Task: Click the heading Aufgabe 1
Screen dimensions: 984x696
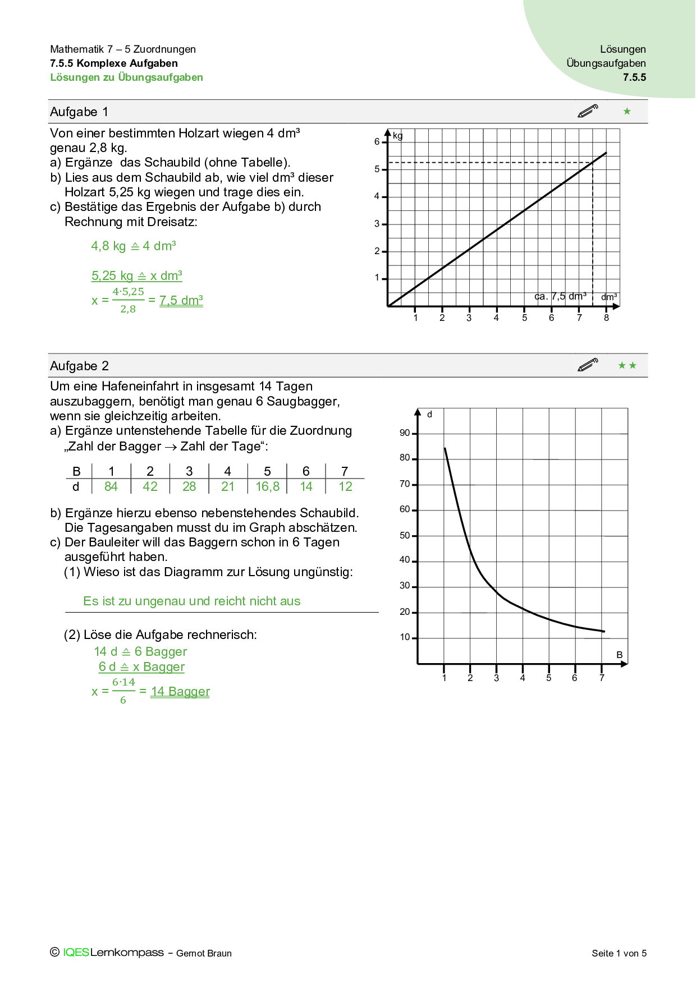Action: click(x=79, y=112)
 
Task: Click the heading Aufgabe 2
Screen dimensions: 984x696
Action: click(x=79, y=366)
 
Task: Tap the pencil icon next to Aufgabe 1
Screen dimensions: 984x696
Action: click(x=588, y=111)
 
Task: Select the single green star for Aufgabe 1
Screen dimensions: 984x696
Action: click(x=627, y=112)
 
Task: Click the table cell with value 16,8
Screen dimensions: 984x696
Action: click(x=267, y=487)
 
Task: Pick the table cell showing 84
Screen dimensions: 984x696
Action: click(x=111, y=487)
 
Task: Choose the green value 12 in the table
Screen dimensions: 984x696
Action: click(x=345, y=487)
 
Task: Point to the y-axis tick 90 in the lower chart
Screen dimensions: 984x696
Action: click(x=405, y=433)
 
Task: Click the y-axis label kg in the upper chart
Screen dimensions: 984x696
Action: click(x=397, y=136)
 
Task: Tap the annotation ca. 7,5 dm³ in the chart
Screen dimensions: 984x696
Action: click(x=560, y=296)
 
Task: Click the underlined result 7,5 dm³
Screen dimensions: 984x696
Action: click(x=181, y=301)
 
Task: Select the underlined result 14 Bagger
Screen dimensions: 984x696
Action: click(x=180, y=692)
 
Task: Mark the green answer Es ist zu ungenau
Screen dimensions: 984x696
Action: click(x=191, y=601)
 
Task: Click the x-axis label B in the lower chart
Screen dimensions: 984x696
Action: click(x=620, y=655)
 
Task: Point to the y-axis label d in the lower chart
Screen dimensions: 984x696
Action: click(x=429, y=415)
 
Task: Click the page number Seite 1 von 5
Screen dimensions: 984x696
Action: click(x=619, y=953)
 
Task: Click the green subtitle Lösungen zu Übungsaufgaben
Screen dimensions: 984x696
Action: click(x=126, y=77)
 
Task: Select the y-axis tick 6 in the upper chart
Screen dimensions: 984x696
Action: click(x=377, y=142)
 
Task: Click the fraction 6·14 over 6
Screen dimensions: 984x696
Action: click(x=123, y=691)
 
